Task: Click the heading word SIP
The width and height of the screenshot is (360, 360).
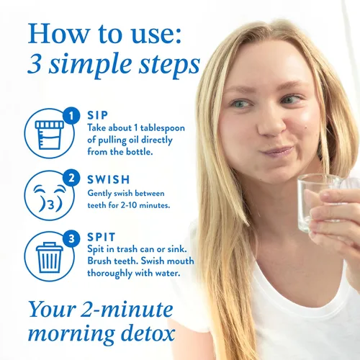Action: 97,115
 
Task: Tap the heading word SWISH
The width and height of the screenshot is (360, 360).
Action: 109,179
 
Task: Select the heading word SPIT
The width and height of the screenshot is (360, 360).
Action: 102,237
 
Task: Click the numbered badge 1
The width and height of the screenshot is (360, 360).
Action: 71,116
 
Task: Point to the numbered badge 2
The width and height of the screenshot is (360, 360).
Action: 71,178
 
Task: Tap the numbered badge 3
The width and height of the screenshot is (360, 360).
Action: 71,239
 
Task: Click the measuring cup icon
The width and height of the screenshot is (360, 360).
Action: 50,135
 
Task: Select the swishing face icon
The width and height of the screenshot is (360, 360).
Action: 50,198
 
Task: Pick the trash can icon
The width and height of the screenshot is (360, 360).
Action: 50,257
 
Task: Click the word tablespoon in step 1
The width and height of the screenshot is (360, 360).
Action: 163,129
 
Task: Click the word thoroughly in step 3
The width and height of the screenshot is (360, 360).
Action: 109,274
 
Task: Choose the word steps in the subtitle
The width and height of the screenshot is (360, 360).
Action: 169,66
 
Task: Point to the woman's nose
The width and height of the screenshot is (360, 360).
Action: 272,124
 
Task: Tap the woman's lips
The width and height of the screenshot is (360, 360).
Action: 277,151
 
